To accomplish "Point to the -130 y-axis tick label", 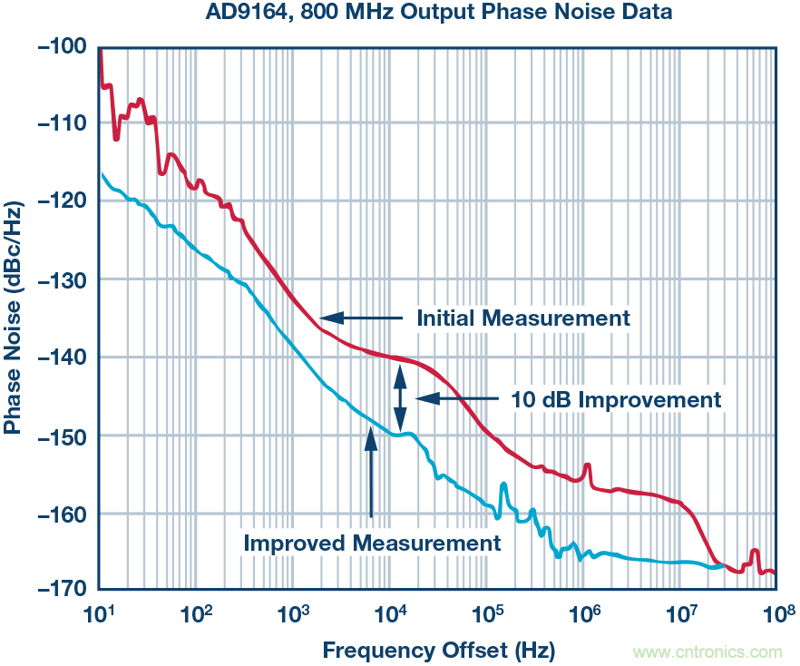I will [62, 279].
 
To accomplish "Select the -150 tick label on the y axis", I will [62, 436].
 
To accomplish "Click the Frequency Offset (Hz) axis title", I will [438, 650].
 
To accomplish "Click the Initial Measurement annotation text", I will [522, 318].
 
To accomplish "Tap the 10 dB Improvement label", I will [617, 399].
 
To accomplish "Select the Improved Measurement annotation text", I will [372, 544].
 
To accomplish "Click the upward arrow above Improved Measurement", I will [370, 472].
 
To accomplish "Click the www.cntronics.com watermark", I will [708, 651].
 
